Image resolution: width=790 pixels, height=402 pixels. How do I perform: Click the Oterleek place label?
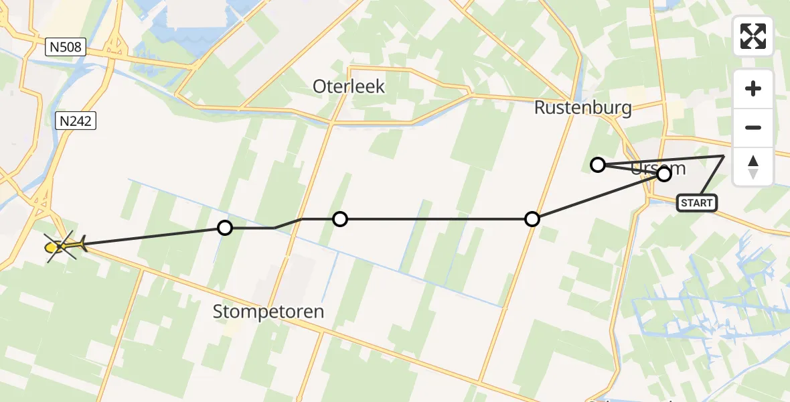(x=349, y=86)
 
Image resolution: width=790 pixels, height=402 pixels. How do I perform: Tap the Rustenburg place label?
(x=582, y=108)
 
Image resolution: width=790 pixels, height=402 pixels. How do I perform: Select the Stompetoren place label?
(x=268, y=312)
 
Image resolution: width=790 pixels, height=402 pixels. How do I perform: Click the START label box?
(x=696, y=202)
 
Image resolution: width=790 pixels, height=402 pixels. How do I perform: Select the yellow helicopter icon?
(x=62, y=247)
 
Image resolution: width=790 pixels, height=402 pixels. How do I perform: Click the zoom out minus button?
(x=753, y=128)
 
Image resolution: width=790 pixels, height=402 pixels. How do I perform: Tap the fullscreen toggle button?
(x=753, y=36)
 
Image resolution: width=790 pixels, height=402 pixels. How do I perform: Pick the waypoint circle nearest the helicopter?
(x=225, y=228)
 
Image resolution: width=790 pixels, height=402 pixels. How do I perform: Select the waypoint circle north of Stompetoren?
(x=340, y=218)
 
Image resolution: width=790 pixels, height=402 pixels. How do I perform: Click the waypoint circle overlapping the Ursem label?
(x=663, y=174)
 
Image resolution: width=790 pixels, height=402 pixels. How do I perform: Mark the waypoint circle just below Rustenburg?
(x=598, y=164)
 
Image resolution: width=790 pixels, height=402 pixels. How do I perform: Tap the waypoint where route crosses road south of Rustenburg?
(x=532, y=218)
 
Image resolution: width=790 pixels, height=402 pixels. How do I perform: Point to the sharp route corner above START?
(x=724, y=156)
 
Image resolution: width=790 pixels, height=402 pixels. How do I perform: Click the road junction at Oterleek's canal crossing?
(x=330, y=123)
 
